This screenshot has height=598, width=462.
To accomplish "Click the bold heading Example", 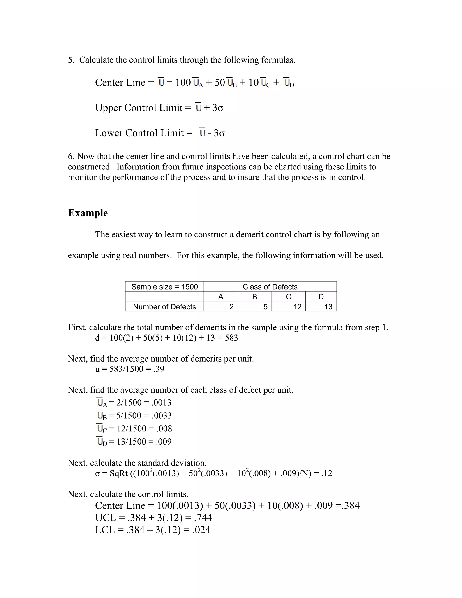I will click(88, 213).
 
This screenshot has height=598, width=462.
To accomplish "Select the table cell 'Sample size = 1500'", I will click(164, 287).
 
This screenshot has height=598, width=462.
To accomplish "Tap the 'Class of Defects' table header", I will click(270, 287).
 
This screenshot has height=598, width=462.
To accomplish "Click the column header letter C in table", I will click(289, 297).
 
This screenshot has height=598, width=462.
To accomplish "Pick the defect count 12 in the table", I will click(297, 307).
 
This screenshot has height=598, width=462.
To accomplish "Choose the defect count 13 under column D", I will click(328, 307).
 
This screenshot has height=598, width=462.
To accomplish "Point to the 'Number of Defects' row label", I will click(164, 307).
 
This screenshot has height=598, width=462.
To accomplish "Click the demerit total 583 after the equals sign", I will click(231, 338).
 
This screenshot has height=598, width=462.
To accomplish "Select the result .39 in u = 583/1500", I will click(159, 369).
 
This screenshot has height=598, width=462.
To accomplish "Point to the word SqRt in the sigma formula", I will click(119, 473).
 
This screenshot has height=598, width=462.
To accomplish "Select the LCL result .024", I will click(201, 530).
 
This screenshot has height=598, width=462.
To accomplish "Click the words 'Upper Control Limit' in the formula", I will click(139, 108).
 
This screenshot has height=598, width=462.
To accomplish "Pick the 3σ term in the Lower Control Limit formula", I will click(219, 133).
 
